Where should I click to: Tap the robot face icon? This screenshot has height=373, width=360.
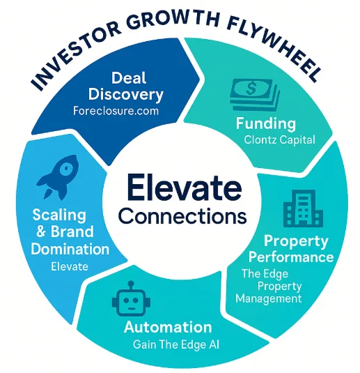pos(131,299)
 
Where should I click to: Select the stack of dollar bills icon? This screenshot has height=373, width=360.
pos(254,95)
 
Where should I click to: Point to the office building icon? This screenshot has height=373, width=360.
pos(303,208)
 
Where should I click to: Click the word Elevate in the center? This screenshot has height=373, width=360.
pos(185,188)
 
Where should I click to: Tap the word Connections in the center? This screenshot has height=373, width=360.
pos(182,215)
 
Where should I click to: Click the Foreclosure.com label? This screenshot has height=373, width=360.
pos(116,111)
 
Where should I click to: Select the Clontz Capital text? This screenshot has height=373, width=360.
pos(279,139)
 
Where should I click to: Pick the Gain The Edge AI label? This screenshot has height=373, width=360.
pos(176,344)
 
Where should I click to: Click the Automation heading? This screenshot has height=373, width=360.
pos(168,327)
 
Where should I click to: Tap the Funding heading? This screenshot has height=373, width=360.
pos(266,123)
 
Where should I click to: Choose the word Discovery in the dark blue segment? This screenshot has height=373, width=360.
pos(126,94)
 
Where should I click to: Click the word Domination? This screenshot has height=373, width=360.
pos(70,249)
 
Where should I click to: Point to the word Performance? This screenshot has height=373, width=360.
pos(291,257)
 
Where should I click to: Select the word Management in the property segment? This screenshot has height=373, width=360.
pos(269,298)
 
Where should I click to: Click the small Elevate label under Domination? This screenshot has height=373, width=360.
pos(70,266)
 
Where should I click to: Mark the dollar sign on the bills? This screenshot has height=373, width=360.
pos(251,88)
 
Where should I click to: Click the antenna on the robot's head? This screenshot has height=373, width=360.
pos(131,285)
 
